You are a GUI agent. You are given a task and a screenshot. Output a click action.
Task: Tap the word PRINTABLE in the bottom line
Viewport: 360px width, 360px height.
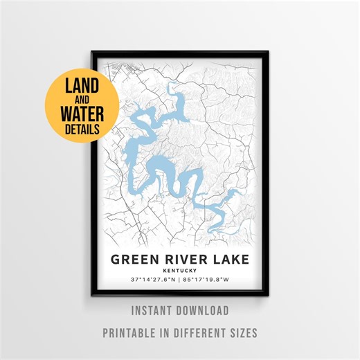coord(132,332)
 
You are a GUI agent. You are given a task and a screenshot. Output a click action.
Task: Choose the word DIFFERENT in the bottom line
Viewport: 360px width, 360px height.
coord(199,332)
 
